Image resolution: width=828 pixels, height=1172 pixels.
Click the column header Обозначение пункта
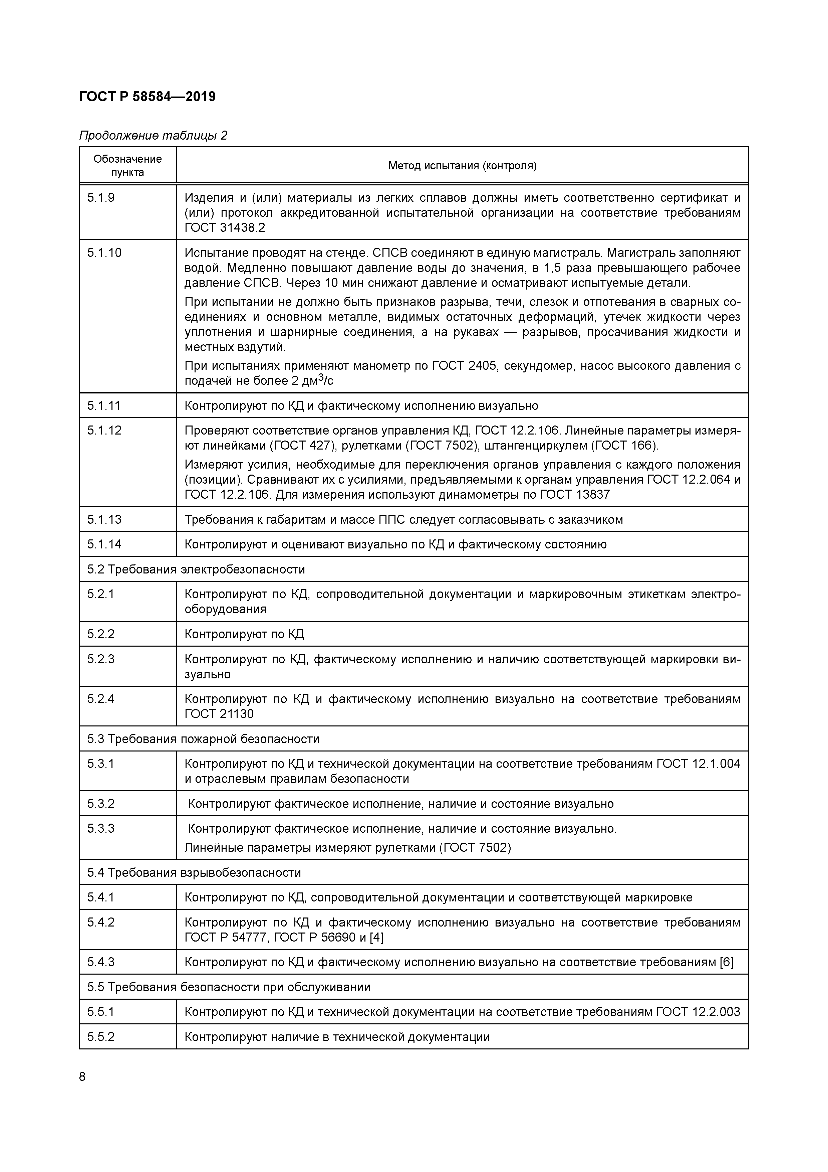point(127,165)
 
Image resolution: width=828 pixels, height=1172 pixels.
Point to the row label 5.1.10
point(104,253)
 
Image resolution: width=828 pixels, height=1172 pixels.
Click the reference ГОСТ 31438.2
point(225,228)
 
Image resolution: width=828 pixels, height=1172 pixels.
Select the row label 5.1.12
point(104,430)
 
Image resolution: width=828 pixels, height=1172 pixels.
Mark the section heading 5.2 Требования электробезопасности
point(196,569)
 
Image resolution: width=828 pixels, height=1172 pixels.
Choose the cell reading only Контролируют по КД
point(244,634)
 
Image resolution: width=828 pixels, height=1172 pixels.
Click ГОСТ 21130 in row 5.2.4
point(219,714)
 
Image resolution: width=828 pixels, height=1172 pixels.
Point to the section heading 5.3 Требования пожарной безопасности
point(203,738)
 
